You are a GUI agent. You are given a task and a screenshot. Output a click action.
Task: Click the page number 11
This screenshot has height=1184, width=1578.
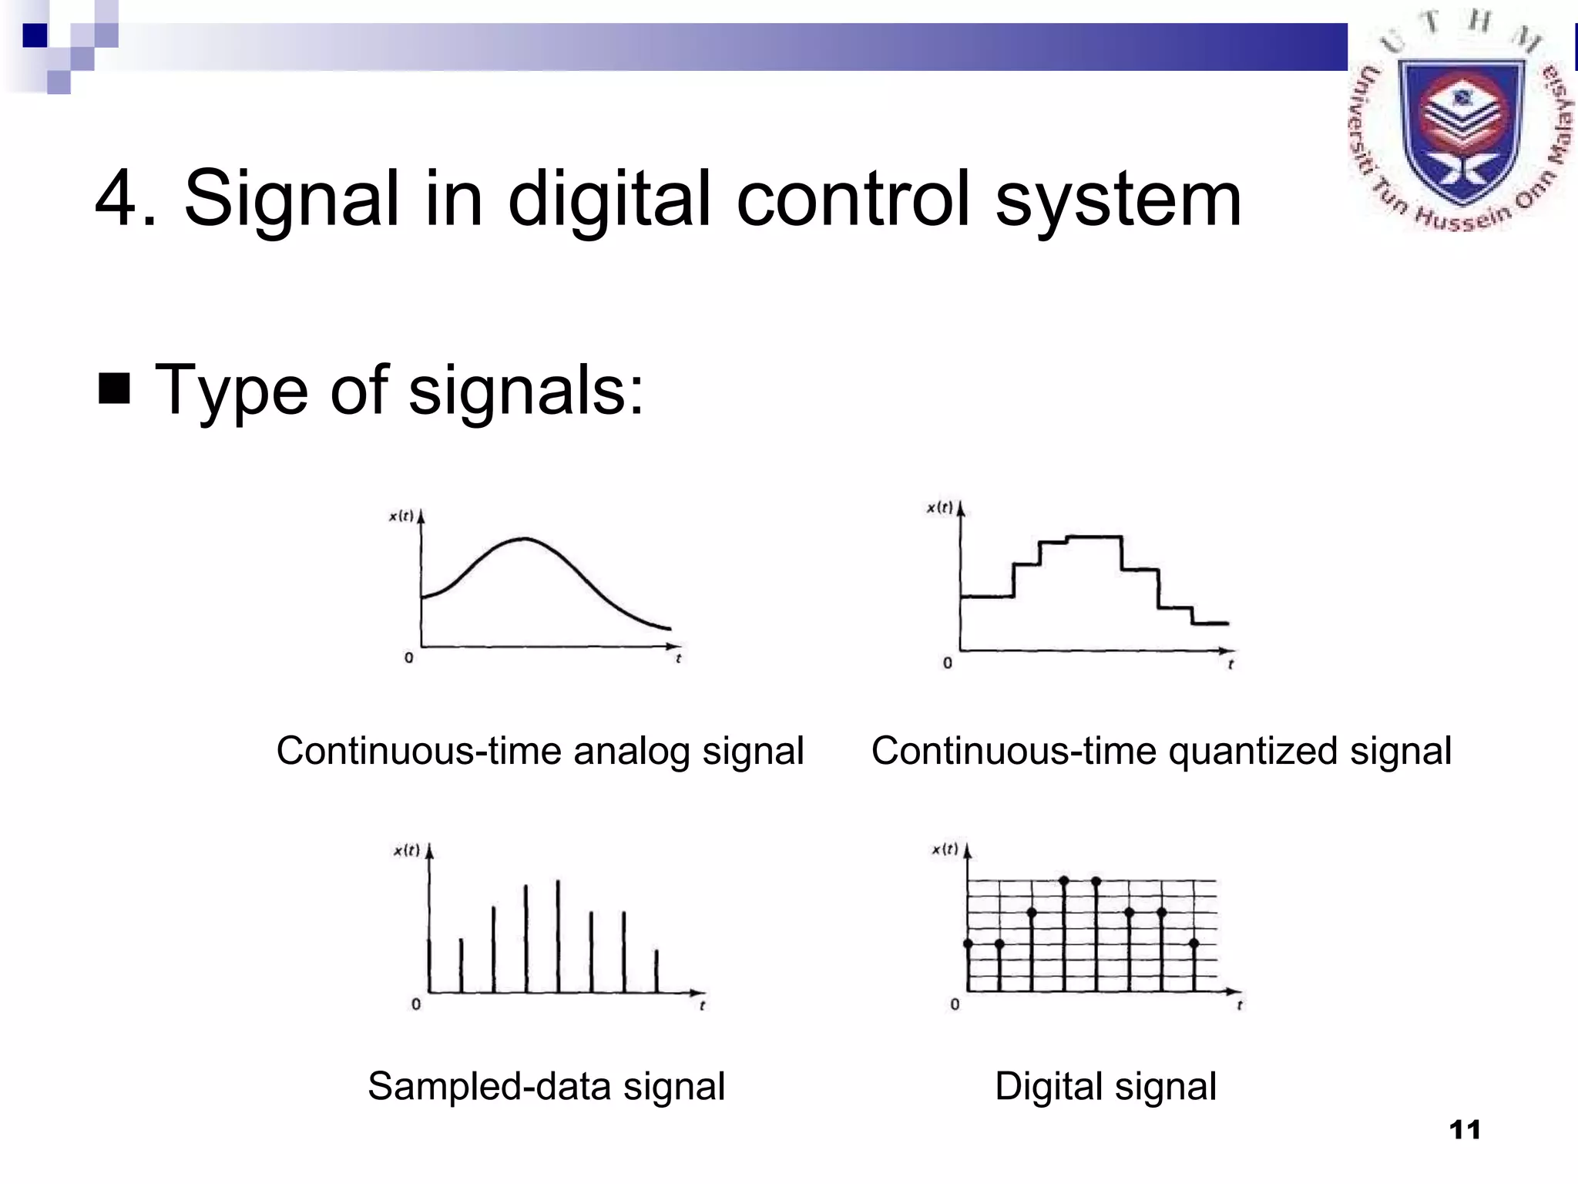pos(1464,1130)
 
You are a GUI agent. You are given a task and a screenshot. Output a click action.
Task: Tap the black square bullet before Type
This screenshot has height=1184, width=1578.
pos(114,388)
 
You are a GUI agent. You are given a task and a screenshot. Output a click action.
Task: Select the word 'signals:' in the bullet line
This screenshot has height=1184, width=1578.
pos(525,390)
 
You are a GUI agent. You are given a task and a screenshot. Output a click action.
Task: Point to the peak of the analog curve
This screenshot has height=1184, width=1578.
pos(525,539)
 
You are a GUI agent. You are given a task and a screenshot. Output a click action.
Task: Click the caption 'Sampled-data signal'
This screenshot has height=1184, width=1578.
pos(546,1086)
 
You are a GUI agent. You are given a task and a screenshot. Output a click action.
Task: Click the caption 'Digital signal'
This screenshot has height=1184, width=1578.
pos(1105,1086)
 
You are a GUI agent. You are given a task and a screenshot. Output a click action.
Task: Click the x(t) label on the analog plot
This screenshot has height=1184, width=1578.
pos(401,516)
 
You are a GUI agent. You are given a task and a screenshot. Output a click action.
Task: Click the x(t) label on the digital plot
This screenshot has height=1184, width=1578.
pos(945,849)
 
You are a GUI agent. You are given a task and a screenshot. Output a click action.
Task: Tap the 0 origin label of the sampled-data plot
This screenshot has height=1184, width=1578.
pos(416,1004)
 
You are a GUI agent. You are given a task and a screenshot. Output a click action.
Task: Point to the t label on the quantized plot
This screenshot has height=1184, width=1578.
pos(1231,664)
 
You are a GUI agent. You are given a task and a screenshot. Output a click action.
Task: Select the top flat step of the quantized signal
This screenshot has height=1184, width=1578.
pos(1094,536)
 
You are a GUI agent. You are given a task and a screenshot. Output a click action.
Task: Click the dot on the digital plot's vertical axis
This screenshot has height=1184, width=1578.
pos(969,943)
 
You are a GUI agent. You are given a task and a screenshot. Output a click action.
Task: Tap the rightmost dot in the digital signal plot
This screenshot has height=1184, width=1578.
pos(1194,943)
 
